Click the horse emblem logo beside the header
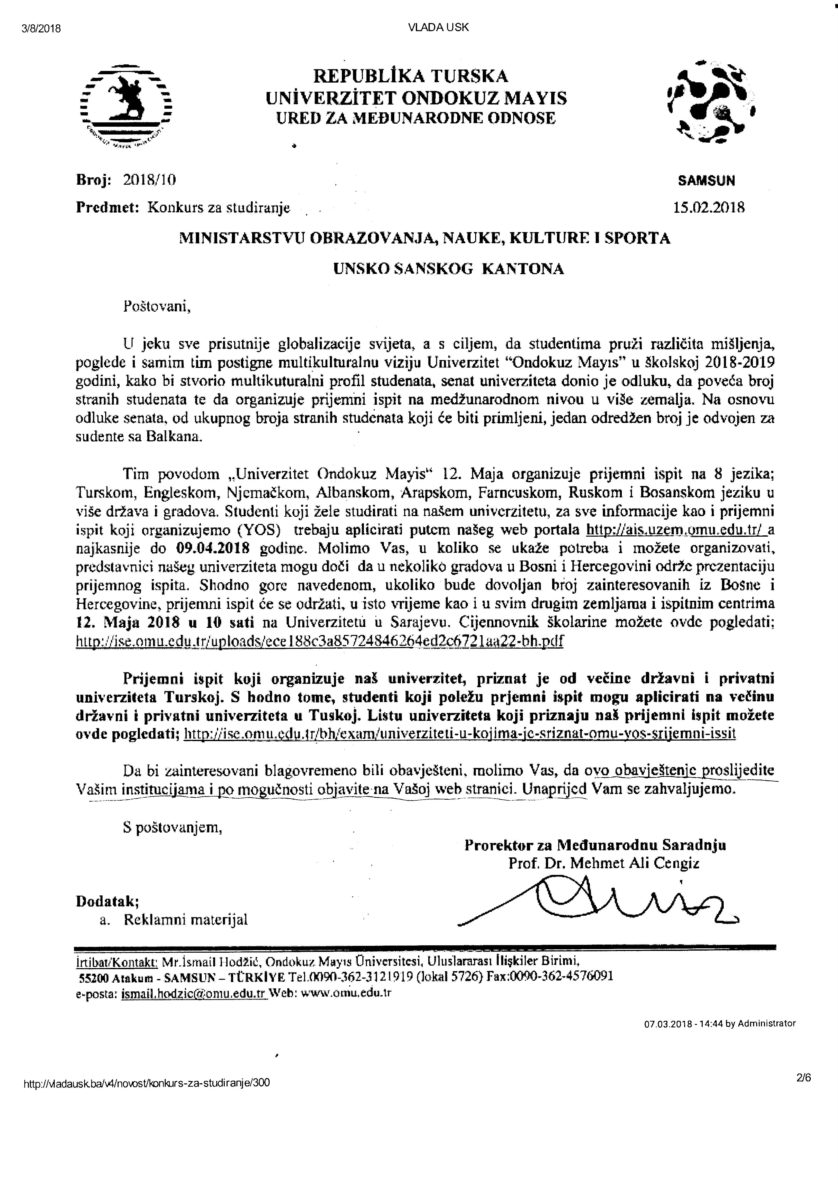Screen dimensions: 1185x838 coord(126,105)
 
